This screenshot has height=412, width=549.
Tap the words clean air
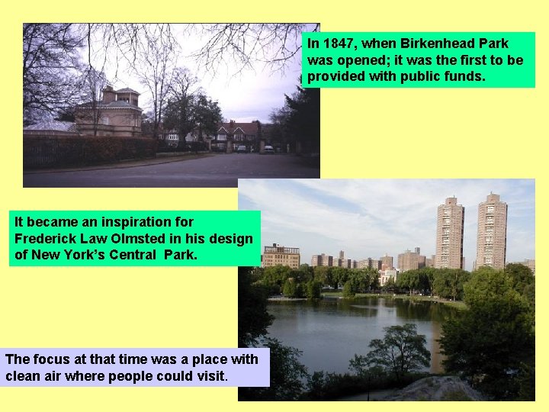[x=37, y=376]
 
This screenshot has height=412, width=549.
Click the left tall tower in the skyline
[x=449, y=233]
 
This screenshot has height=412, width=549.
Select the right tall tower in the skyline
[x=491, y=230]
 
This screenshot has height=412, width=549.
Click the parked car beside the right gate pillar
[x=268, y=149]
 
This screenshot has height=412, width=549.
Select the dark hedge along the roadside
[x=91, y=150]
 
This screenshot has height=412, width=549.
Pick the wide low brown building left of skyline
[x=281, y=256]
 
